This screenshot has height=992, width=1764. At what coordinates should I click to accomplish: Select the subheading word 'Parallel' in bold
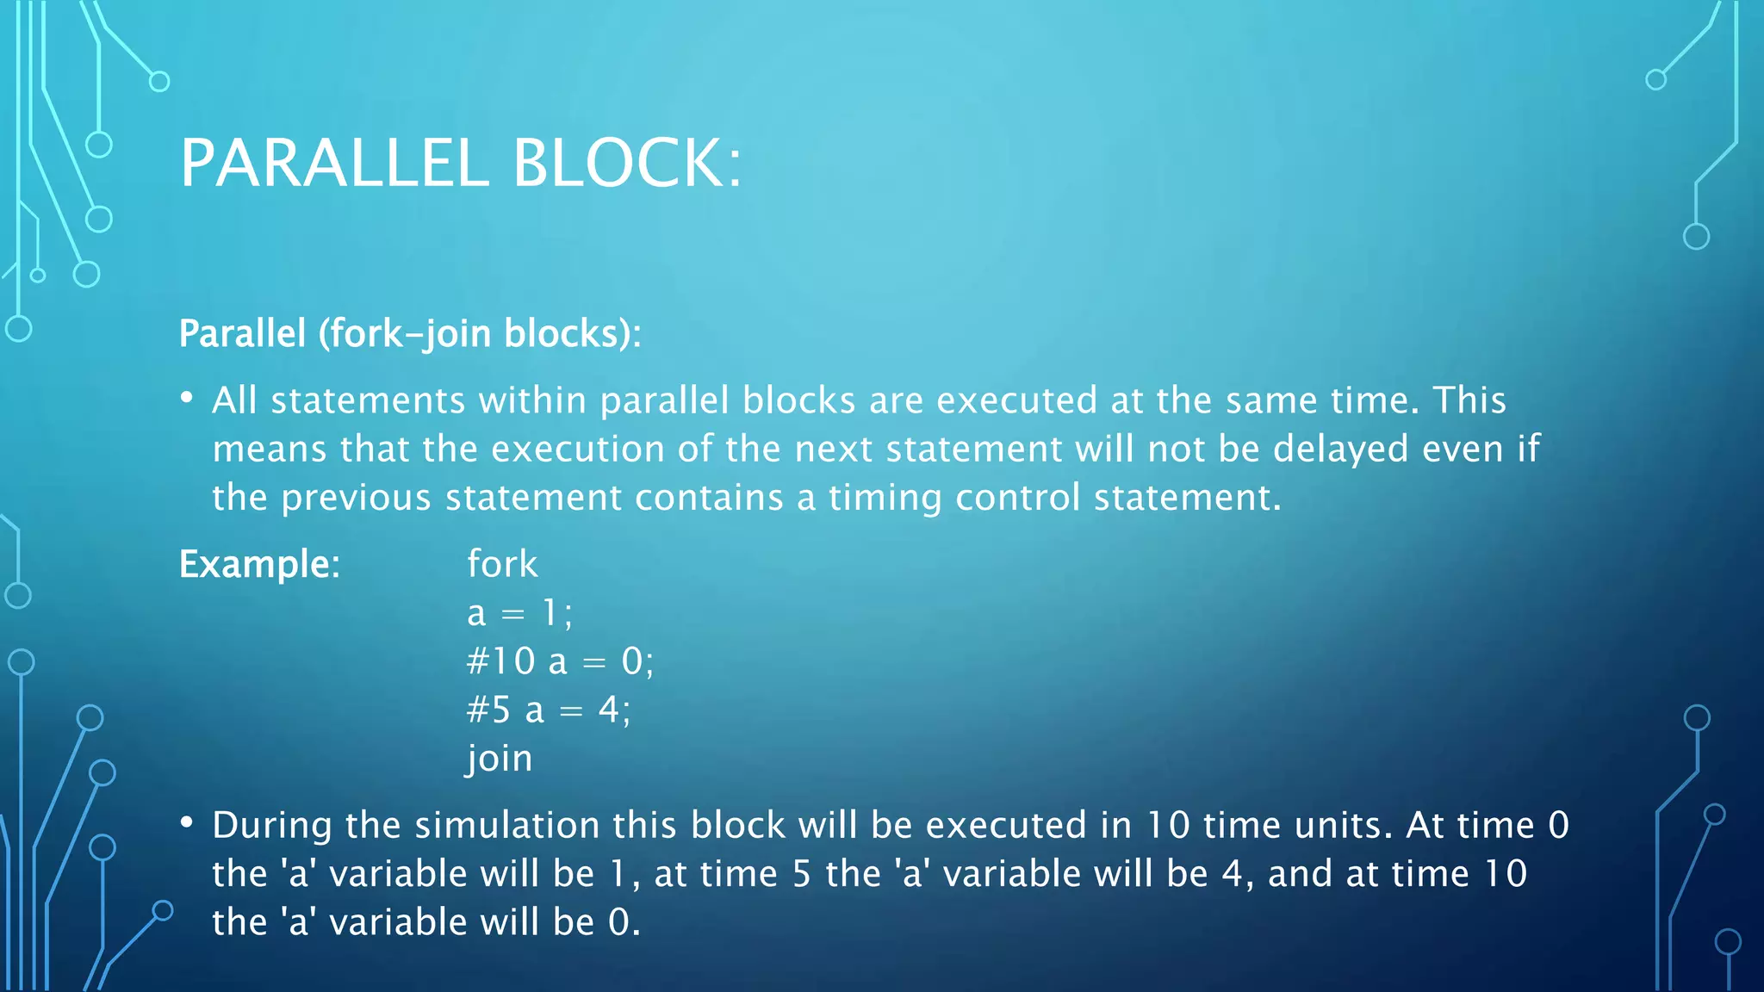(242, 334)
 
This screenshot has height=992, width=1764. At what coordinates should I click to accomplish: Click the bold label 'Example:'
(259, 565)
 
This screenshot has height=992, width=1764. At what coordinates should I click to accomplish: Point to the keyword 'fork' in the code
(502, 565)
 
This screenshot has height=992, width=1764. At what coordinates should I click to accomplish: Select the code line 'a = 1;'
(519, 614)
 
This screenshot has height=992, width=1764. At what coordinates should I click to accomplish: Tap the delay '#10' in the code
(500, 662)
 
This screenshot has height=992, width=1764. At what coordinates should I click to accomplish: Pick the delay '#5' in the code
(488, 710)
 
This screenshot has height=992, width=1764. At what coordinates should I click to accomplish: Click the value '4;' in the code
(615, 710)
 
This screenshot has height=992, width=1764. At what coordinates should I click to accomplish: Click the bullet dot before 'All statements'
(186, 398)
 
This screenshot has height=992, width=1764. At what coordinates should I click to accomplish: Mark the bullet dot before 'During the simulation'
(186, 822)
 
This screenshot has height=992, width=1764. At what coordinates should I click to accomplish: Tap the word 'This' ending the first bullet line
(1469, 400)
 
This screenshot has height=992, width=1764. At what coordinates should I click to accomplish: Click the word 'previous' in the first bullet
(356, 499)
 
